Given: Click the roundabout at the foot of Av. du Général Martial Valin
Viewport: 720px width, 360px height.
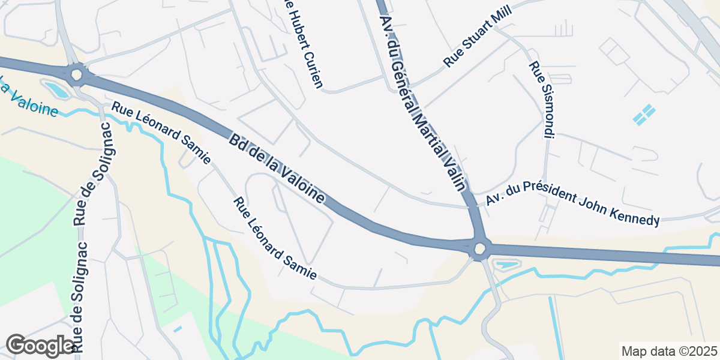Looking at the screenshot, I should (479, 248).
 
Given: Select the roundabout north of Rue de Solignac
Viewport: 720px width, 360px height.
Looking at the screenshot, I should (76, 75).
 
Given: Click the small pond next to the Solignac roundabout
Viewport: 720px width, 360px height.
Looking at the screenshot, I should (57, 90).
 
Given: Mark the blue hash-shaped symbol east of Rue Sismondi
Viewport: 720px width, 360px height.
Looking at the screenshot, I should (644, 115).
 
